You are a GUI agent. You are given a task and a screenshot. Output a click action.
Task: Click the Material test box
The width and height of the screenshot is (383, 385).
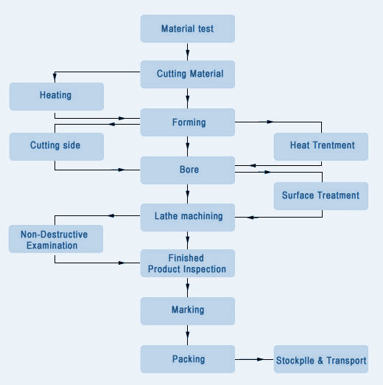click(x=188, y=29)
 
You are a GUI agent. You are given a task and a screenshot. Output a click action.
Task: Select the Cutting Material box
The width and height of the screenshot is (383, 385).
click(x=188, y=74)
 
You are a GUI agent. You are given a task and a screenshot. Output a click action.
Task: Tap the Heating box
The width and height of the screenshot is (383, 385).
click(x=57, y=97)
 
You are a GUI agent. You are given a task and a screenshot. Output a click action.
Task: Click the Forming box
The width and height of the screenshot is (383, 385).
click(x=188, y=122)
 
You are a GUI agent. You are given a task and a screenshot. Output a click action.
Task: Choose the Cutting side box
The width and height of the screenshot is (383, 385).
click(x=57, y=147)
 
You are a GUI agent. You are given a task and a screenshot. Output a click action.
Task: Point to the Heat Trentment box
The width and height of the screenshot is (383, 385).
click(x=321, y=147)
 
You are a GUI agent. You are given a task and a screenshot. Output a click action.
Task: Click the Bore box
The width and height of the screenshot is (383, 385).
click(x=188, y=170)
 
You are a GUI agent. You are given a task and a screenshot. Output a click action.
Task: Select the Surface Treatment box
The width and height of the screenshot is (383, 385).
click(x=321, y=196)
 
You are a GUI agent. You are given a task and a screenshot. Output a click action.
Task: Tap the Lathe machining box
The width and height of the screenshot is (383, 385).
click(x=188, y=218)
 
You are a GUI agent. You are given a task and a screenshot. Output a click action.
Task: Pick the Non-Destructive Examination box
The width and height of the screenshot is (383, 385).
click(x=56, y=239)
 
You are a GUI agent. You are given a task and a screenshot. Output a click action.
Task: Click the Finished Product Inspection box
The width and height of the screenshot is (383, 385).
click(x=188, y=263)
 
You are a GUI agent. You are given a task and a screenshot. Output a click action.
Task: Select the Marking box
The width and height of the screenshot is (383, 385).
click(x=188, y=311)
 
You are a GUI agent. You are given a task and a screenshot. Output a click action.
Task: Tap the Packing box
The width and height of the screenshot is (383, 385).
click(x=188, y=359)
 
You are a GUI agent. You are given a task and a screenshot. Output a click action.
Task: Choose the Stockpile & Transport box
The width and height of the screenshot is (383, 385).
click(x=321, y=359)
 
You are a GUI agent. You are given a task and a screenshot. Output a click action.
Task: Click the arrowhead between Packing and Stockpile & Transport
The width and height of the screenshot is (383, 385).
click(x=260, y=359)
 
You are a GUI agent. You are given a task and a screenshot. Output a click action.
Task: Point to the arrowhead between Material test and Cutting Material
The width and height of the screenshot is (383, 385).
click(x=188, y=53)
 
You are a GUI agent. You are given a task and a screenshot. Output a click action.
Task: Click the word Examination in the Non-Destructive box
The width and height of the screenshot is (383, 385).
click(x=52, y=246)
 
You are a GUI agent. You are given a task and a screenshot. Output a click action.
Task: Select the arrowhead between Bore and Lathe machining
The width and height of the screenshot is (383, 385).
click(x=188, y=194)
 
